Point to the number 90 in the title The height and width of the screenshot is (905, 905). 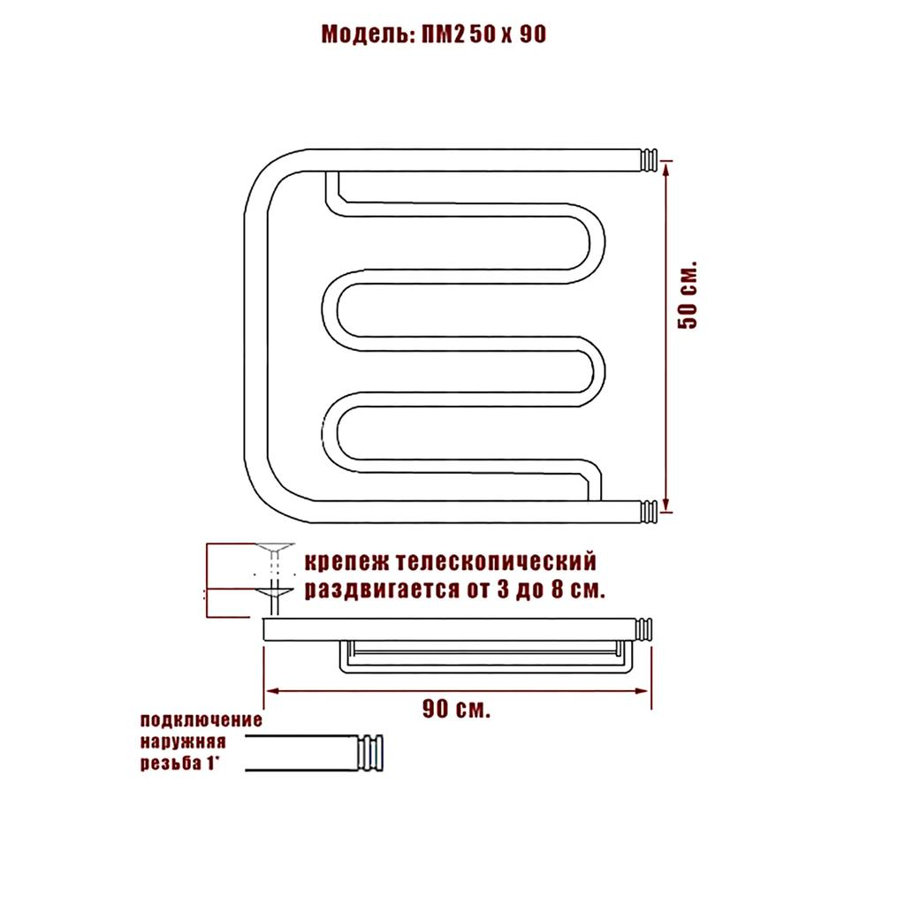532,34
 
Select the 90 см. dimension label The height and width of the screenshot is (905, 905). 456,708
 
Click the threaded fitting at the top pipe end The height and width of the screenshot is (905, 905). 650,160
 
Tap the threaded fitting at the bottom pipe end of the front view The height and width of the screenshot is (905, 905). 650,512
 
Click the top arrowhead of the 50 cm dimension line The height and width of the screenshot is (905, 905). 666,167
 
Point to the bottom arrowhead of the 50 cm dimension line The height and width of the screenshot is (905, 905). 666,505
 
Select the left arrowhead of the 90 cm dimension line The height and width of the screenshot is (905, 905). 272,690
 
